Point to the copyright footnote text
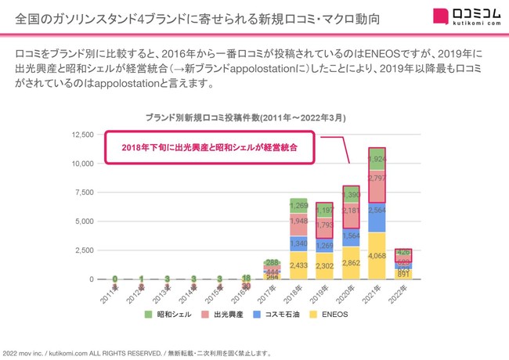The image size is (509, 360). click(x=137, y=353)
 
